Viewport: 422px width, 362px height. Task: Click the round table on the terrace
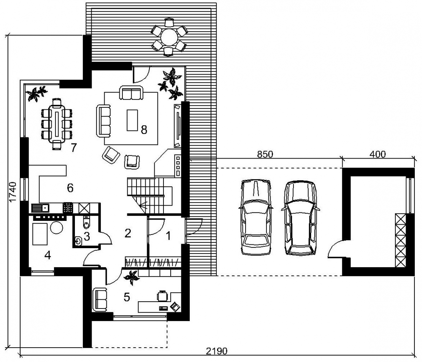coord(169,37)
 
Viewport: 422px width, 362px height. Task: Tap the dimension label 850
coord(265,154)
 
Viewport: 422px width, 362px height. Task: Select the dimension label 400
coord(378,154)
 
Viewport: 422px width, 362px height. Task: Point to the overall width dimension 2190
coord(217,351)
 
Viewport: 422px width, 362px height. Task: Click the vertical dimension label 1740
coord(13,192)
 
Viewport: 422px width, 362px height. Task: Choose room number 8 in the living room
coord(144,130)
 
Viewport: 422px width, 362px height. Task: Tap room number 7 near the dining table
coord(74,148)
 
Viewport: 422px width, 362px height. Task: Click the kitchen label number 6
coord(70,188)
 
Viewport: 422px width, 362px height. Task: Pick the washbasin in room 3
coord(78,241)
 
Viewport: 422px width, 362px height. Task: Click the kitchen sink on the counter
coord(40,208)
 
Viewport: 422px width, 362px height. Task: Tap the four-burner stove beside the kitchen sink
coord(68,208)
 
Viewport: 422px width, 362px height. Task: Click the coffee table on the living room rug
coord(132,120)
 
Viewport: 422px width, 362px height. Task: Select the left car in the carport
coord(256,217)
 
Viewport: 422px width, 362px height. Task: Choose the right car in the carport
coord(301,218)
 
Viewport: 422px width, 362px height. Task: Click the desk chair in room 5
coord(162,296)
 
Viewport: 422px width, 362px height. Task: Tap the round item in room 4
coord(57,228)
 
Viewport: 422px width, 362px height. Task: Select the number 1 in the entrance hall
coord(168,236)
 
